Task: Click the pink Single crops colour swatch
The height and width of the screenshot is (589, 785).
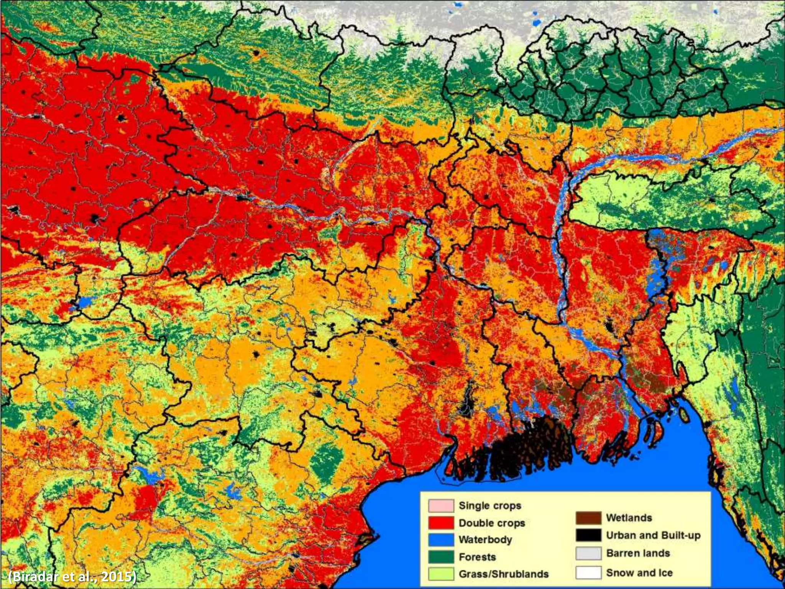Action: click(x=441, y=506)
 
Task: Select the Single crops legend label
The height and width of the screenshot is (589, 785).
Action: click(x=490, y=506)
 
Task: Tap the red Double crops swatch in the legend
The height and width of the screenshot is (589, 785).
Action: click(x=441, y=523)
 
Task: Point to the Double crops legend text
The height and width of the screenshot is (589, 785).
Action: click(x=492, y=523)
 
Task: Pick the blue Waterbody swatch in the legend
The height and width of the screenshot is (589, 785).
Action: click(x=441, y=540)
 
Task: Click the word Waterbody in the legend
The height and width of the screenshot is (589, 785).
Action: click(x=485, y=540)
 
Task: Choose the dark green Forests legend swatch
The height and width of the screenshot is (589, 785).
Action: click(x=441, y=557)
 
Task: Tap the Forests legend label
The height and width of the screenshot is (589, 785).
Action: click(x=477, y=557)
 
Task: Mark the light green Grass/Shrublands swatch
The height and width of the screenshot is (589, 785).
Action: click(x=441, y=574)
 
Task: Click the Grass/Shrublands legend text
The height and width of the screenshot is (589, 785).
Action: click(x=504, y=574)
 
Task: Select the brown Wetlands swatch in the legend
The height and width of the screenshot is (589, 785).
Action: click(x=588, y=518)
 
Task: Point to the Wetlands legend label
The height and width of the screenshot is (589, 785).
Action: click(x=629, y=518)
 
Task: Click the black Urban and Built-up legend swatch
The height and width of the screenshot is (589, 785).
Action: click(x=588, y=535)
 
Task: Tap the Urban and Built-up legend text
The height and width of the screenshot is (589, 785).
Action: click(x=653, y=535)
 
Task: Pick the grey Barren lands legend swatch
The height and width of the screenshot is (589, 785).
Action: click(x=588, y=553)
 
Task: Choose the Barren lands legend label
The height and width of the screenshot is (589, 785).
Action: click(x=638, y=553)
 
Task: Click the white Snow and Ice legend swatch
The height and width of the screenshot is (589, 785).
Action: click(x=588, y=573)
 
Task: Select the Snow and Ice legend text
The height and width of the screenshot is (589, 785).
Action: click(x=639, y=573)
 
